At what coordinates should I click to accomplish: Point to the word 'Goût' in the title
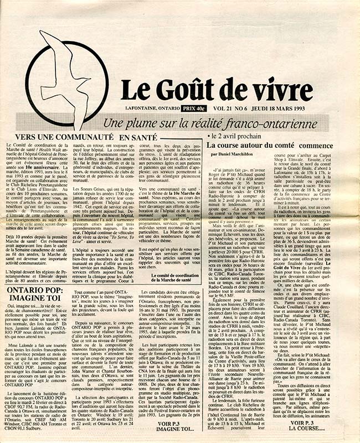[200, 89]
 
